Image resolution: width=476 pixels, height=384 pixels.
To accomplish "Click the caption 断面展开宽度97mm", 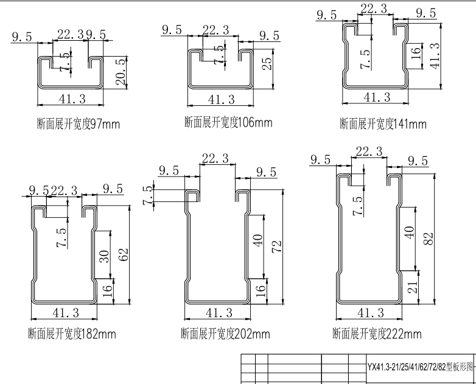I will point(77,125).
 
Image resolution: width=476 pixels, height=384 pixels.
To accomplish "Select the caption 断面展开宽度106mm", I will point(228,122).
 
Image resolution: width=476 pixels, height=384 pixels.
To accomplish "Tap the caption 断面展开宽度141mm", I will point(383,125).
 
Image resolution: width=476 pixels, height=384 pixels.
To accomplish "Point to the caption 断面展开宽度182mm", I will point(72,333).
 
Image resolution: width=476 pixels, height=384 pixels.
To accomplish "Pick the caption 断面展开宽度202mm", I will point(225,333).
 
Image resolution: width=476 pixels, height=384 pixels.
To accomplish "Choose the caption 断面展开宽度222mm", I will point(376,333).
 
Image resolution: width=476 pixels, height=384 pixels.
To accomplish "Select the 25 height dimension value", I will point(266,64).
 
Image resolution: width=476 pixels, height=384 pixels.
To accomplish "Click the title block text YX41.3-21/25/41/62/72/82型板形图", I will point(419,367).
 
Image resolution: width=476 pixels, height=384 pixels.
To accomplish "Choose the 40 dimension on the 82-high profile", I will point(410,233).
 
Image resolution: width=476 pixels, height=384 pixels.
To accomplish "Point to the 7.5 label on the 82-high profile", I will point(358,206).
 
